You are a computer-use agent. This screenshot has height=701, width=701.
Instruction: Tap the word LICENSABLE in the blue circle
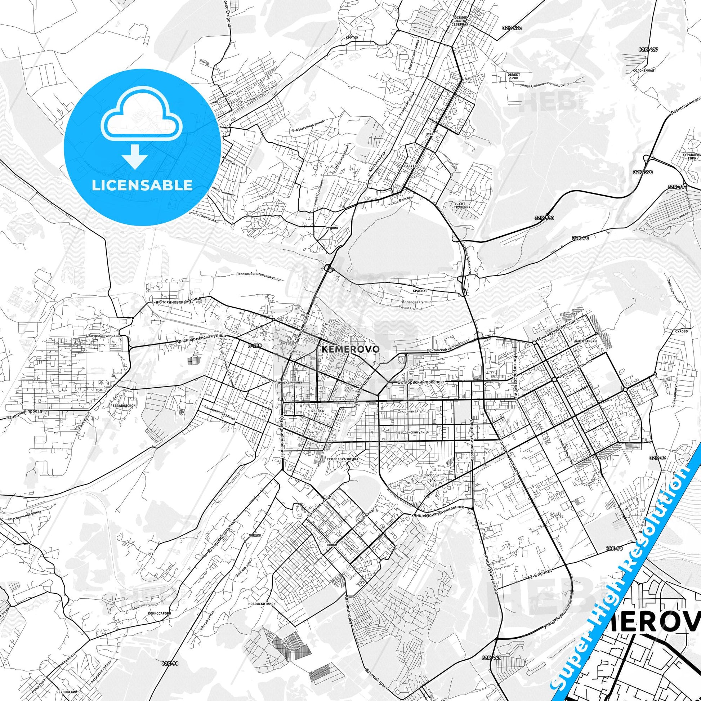(x=142, y=185)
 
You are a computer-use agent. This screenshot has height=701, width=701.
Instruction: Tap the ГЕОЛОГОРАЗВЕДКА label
(x=342, y=459)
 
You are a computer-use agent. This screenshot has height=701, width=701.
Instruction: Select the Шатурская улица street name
(x=101, y=336)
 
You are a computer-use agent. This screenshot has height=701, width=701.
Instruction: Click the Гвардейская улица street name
(x=413, y=432)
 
